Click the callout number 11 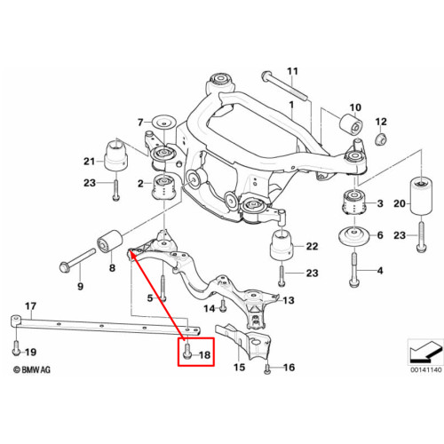point(292,72)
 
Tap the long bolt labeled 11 point(284,86)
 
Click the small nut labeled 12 point(381,139)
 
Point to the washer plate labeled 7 point(163,122)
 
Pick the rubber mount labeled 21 point(116,156)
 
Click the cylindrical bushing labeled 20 point(421,195)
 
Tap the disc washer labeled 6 point(353,236)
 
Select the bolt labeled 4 point(354,270)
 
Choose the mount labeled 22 point(281,247)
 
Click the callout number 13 point(289,300)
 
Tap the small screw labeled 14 point(223,305)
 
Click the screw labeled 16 point(267,369)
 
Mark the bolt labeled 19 point(16,348)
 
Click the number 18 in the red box point(204,354)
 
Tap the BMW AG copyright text point(32,369)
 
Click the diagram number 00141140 point(425,369)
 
